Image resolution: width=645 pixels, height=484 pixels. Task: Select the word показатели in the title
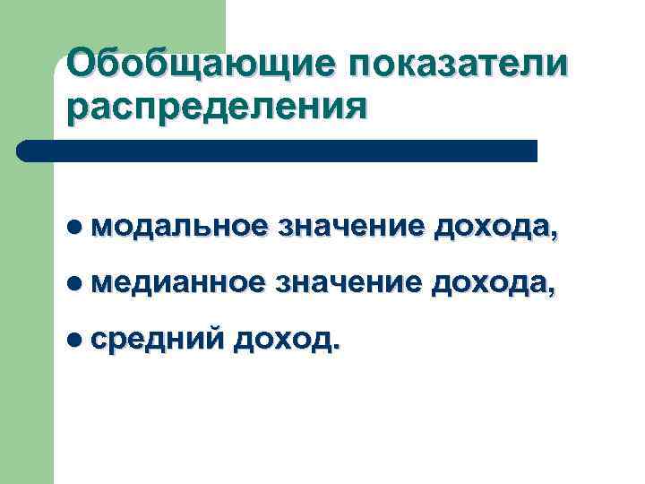pyautogui.click(x=451, y=66)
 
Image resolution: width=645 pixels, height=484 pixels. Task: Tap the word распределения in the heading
pyautogui.click(x=216, y=108)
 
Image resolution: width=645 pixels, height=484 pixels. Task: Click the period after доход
pyautogui.click(x=336, y=350)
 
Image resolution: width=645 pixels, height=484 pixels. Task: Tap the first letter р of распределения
pyautogui.click(x=76, y=111)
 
